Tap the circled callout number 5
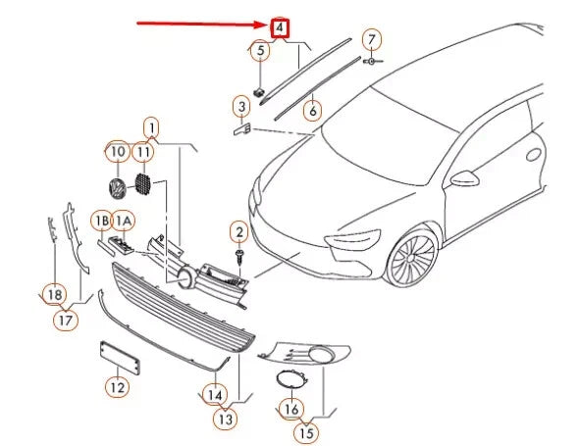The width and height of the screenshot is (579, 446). point(259,50)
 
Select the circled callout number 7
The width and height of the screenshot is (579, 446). point(372,40)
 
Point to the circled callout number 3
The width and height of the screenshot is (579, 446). point(240,105)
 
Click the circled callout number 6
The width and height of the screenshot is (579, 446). point(312,111)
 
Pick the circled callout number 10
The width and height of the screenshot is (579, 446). point(117,152)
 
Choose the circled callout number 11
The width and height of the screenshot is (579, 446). point(144,152)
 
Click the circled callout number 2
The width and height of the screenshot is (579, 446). point(237,231)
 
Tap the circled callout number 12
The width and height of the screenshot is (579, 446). point(117,387)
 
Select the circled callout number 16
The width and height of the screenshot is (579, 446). point(290,407)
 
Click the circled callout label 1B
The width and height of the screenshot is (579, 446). point(103,221)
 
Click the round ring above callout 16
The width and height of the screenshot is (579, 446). point(290,380)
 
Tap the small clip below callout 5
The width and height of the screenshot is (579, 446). point(260,90)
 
